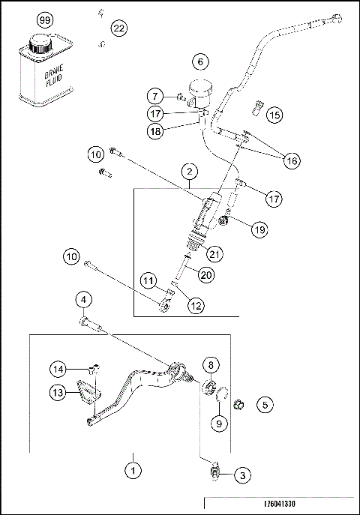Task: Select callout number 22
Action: (118, 28)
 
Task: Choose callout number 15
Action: (274, 115)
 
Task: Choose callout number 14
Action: (59, 368)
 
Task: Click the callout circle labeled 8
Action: (211, 365)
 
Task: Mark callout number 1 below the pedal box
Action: (133, 472)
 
